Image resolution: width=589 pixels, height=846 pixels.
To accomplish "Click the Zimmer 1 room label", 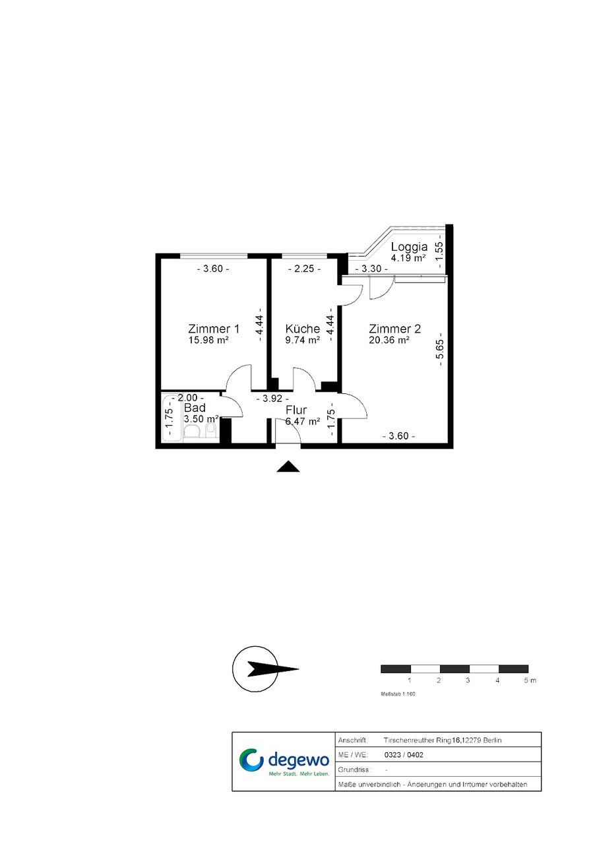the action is pos(213,329).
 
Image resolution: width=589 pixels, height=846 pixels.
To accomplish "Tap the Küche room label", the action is pos(303,329).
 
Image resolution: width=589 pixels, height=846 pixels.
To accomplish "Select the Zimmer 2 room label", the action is pos(394,329).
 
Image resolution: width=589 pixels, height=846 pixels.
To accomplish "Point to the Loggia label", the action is pos(410,247).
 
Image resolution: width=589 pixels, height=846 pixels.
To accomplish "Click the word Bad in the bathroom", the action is pos(195,408).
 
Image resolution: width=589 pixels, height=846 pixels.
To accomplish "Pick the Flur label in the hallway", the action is pos(296,410).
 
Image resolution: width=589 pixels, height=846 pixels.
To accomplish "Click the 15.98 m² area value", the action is pos(208,340).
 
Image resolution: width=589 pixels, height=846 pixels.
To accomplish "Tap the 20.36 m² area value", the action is pos(389,340).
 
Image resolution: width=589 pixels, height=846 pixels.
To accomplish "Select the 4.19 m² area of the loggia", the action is pos(408,258).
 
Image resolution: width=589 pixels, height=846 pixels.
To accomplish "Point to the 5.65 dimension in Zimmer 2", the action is pos(440,349).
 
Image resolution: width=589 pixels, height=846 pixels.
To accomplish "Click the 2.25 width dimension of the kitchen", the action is pos(304,269).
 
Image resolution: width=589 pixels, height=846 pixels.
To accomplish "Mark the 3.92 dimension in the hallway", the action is pos(272,399).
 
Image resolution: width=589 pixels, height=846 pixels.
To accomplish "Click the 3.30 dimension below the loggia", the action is pos(371,269).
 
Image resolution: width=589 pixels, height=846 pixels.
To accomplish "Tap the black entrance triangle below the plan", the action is pos(288,467).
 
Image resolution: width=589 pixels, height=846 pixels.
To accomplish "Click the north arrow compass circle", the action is pos(255,669).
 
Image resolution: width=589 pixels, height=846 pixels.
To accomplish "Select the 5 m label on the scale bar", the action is pos(530,680).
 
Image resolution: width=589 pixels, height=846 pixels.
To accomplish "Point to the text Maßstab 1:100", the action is pos(398,694).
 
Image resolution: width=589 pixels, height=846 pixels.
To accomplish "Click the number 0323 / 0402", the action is pos(404,755).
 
